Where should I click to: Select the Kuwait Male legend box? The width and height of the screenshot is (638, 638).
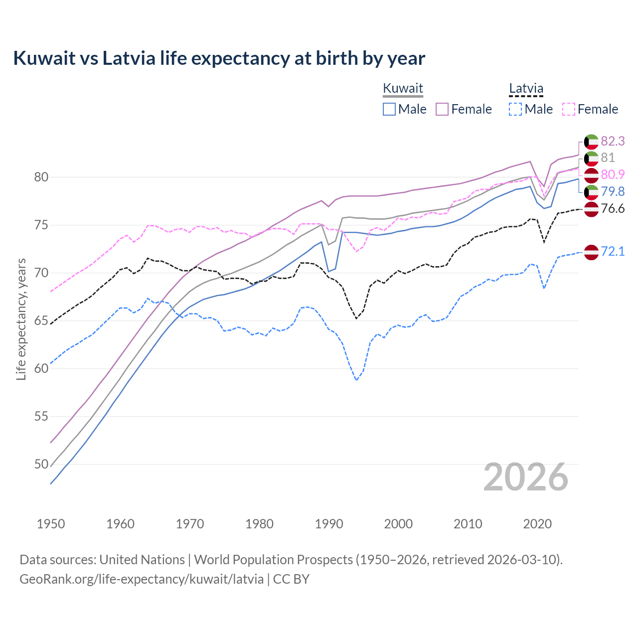pyautogui.click(x=389, y=109)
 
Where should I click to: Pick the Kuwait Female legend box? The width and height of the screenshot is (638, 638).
pyautogui.click(x=442, y=109)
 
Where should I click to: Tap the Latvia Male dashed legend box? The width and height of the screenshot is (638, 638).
pyautogui.click(x=515, y=109)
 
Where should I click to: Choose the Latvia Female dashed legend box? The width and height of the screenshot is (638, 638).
pyautogui.click(x=569, y=109)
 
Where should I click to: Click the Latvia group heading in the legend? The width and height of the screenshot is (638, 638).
pyautogui.click(x=526, y=89)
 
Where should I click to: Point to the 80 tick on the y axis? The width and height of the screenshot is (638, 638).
pyautogui.click(x=41, y=177)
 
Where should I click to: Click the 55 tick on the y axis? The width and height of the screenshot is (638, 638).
pyautogui.click(x=41, y=416)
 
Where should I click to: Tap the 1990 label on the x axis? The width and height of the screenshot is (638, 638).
pyautogui.click(x=329, y=524)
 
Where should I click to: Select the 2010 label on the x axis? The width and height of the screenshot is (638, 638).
pyautogui.click(x=468, y=524)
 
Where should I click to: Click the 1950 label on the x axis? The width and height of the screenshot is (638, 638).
pyautogui.click(x=51, y=524)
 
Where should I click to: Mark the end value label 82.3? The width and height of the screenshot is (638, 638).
pyautogui.click(x=613, y=141)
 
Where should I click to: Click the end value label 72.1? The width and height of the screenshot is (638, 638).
pyautogui.click(x=613, y=251)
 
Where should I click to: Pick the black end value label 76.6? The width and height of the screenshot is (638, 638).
pyautogui.click(x=613, y=208)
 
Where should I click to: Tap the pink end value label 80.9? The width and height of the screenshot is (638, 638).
pyautogui.click(x=613, y=174)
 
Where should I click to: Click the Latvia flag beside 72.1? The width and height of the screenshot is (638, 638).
pyautogui.click(x=591, y=252)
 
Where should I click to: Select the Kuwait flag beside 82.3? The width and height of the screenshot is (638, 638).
pyautogui.click(x=591, y=142)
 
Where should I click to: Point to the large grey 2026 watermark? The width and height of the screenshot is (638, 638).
pyautogui.click(x=526, y=477)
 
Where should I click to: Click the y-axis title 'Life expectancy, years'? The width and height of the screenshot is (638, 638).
pyautogui.click(x=21, y=319)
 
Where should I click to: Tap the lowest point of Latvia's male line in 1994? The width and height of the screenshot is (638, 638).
pyautogui.click(x=356, y=380)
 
